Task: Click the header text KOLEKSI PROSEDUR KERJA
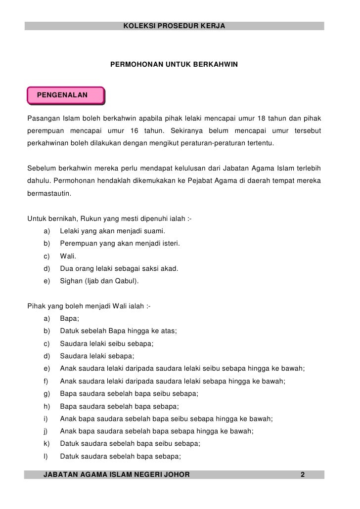click(174, 25)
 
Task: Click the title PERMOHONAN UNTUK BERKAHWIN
click(174, 65)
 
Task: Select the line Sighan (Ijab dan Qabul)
click(99, 282)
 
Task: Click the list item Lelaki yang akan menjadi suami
click(112, 231)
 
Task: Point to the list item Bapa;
click(70, 319)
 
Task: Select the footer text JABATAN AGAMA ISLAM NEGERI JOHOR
click(117, 475)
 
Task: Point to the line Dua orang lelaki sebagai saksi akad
click(119, 269)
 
